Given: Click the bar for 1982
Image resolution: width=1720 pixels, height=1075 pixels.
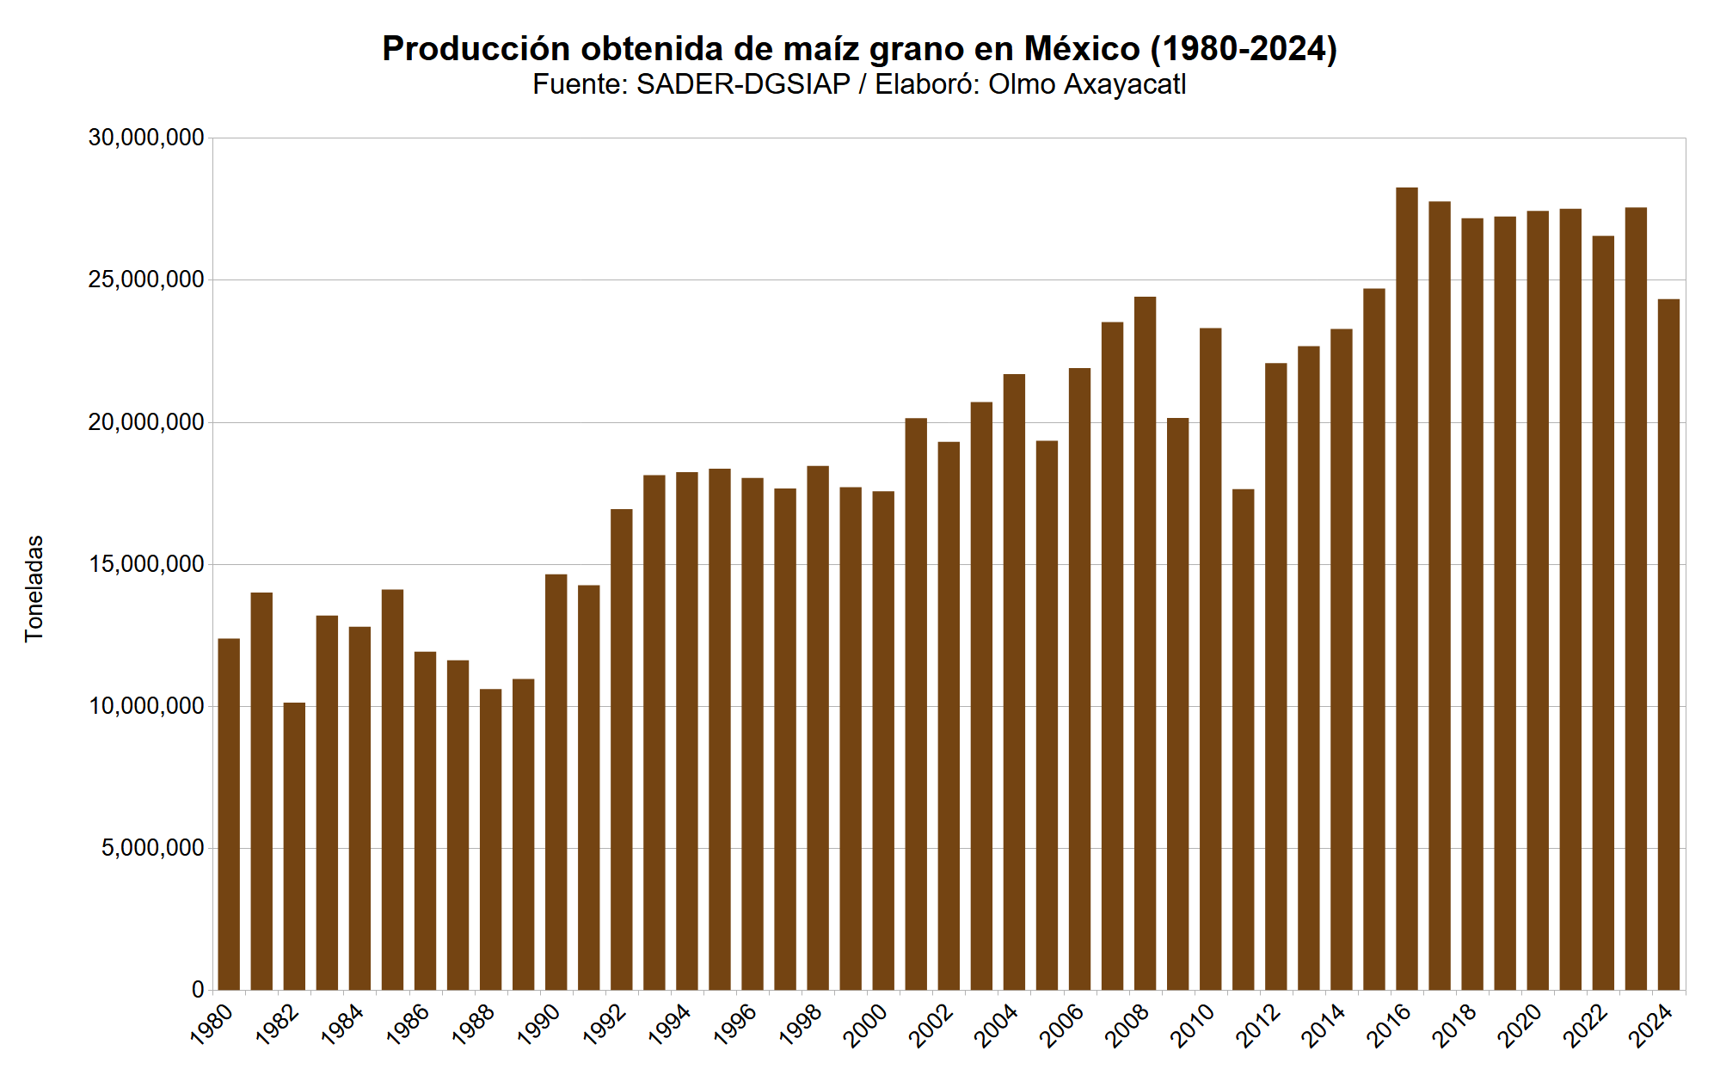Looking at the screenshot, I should click(x=294, y=847).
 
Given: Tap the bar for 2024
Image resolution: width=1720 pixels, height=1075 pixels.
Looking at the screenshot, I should click(x=1668, y=645).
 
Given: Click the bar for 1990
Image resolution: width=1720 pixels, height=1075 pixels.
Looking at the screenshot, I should click(x=556, y=783).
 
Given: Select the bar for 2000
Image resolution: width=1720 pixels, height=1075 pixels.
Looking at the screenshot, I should click(x=883, y=740).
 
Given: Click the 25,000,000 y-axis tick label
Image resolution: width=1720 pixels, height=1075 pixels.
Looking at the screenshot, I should click(x=146, y=280).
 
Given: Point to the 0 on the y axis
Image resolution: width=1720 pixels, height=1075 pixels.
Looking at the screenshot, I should click(x=198, y=991).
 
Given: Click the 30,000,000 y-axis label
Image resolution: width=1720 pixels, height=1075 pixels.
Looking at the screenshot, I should click(x=146, y=138).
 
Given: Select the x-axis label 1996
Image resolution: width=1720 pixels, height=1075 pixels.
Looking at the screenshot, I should click(x=735, y=1025).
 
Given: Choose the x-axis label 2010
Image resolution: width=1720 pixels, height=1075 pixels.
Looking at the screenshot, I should click(x=1194, y=1025).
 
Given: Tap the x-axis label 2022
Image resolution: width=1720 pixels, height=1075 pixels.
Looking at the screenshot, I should click(x=1586, y=1025).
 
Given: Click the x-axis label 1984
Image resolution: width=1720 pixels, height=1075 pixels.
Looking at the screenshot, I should click(x=342, y=1025).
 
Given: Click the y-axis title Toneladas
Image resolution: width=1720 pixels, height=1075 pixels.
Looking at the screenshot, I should click(x=34, y=589).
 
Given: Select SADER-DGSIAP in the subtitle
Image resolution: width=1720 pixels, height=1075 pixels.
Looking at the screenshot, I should click(x=743, y=84).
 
